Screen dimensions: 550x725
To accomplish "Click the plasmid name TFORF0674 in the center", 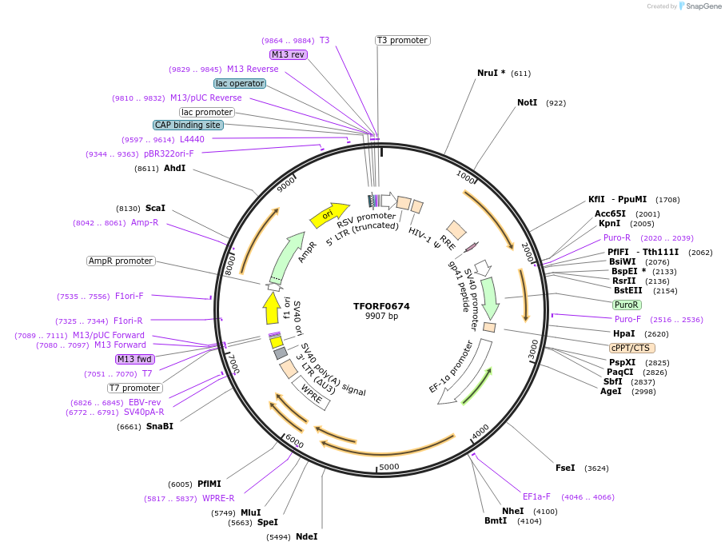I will point(381,306).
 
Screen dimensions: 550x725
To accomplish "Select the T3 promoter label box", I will point(402,40).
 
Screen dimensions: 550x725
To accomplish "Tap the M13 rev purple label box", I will point(288,54).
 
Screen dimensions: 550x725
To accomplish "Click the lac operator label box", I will point(239,83).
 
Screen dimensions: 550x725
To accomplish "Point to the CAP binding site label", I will point(188,125).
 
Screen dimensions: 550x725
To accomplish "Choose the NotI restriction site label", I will point(527,102).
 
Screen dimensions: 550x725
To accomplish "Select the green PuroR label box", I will point(627,305).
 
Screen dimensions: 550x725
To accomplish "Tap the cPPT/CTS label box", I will point(631,348).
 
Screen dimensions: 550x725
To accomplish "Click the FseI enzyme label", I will point(564,468).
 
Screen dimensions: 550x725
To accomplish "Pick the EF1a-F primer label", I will point(536,496).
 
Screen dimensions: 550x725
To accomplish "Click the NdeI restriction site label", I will point(306,536).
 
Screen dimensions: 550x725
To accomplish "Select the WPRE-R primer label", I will point(218,499).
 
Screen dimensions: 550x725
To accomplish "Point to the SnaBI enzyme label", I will point(159,426).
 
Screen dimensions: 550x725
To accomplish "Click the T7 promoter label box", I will point(134,388).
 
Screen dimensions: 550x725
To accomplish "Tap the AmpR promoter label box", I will point(121,261).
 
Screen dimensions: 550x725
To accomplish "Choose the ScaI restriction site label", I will point(155,208).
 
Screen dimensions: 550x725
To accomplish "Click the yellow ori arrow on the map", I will point(329,213).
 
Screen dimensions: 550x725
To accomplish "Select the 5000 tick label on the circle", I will point(388,466).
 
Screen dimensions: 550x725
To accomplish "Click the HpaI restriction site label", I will point(623,333).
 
